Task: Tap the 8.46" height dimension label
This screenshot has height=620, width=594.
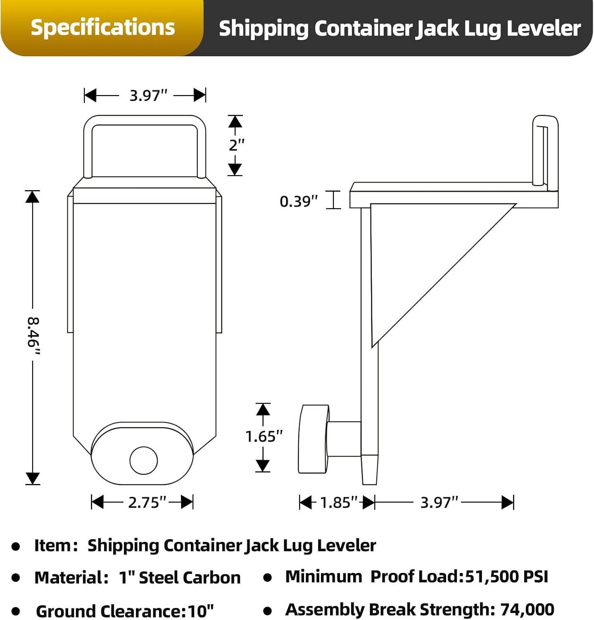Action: (x=33, y=337)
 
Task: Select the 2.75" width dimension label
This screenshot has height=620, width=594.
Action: (x=147, y=502)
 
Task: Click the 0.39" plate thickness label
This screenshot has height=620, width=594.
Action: (x=299, y=201)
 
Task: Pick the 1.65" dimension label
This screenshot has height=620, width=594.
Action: (x=264, y=436)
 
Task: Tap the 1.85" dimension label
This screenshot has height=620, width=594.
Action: (x=338, y=502)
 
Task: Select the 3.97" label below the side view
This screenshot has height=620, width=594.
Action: (x=439, y=502)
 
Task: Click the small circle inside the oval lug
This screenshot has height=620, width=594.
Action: (x=144, y=460)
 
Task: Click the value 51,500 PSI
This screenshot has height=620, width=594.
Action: (x=506, y=577)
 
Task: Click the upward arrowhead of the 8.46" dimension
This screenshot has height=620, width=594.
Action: (x=33, y=197)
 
